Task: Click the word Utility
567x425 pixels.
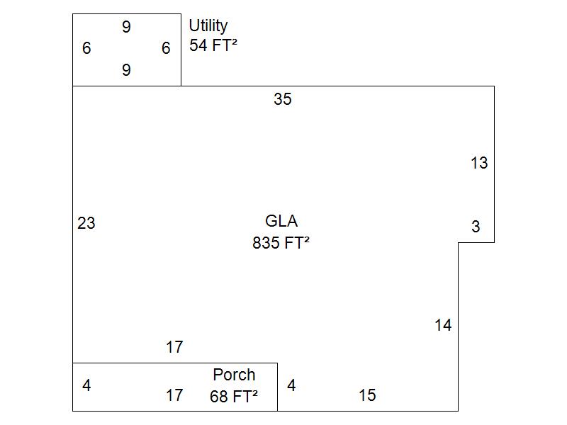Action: pyautogui.click(x=208, y=26)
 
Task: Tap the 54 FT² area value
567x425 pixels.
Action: pyautogui.click(x=213, y=45)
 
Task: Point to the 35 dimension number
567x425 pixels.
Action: pyautogui.click(x=282, y=99)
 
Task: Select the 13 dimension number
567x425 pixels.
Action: pyautogui.click(x=479, y=163)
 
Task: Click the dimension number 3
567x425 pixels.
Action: pyautogui.click(x=476, y=227)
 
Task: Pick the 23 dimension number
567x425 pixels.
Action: pyautogui.click(x=86, y=223)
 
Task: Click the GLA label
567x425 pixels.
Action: pyautogui.click(x=281, y=221)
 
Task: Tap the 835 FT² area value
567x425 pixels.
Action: pyautogui.click(x=281, y=242)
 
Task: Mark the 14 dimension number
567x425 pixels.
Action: pyautogui.click(x=443, y=325)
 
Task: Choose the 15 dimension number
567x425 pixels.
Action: pyautogui.click(x=367, y=395)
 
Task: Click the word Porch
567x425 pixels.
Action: pyautogui.click(x=234, y=375)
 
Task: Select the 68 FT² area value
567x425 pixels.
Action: pyautogui.click(x=234, y=397)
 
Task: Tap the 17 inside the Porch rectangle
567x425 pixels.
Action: pyautogui.click(x=174, y=395)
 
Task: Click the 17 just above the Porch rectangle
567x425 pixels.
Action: pyautogui.click(x=174, y=347)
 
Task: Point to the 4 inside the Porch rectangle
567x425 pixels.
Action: pyautogui.click(x=86, y=385)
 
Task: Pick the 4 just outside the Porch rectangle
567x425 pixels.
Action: pyautogui.click(x=291, y=385)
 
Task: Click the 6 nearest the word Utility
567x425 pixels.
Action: pyautogui.click(x=166, y=48)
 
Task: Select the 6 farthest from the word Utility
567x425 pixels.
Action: pyautogui.click(x=86, y=48)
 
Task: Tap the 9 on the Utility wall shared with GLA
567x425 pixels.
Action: pyautogui.click(x=126, y=69)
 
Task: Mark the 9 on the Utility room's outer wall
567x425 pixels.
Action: pyautogui.click(x=126, y=27)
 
